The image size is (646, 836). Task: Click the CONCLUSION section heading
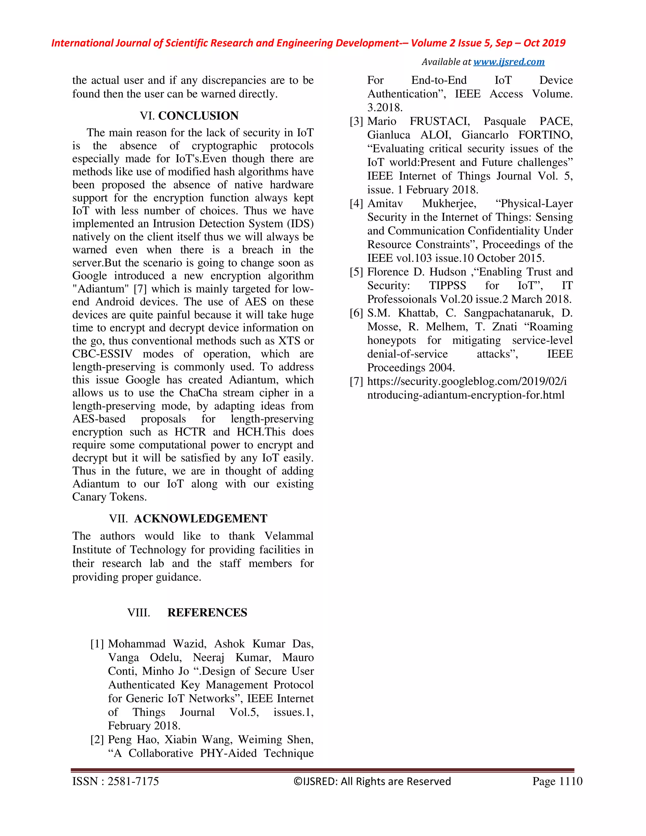(198, 115)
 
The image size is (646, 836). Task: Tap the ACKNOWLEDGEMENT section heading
(201, 519)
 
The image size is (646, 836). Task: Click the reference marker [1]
(97, 644)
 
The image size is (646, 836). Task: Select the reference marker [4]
(356, 204)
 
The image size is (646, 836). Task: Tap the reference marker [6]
(356, 313)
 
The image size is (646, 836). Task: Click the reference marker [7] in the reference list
(356, 382)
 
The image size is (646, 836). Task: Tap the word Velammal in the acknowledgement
(289, 536)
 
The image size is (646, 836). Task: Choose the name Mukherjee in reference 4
(449, 204)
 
